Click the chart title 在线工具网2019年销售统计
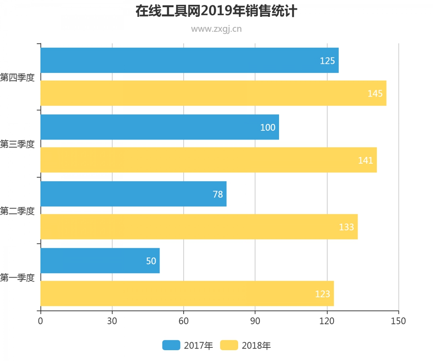(x=216, y=11)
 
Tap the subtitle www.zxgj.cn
(x=216, y=29)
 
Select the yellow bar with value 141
(x=208, y=160)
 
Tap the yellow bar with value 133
(x=199, y=227)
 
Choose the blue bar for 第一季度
(x=100, y=261)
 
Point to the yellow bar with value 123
(x=187, y=294)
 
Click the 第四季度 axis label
(x=17, y=77)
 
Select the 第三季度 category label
(x=17, y=144)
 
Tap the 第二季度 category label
(x=17, y=211)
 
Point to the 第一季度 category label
(x=17, y=277)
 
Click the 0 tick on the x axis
(x=40, y=321)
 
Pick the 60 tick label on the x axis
(x=184, y=321)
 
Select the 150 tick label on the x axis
(x=399, y=321)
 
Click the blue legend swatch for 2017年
(x=171, y=345)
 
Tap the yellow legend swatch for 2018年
(x=229, y=345)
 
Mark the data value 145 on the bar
(x=375, y=93)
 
